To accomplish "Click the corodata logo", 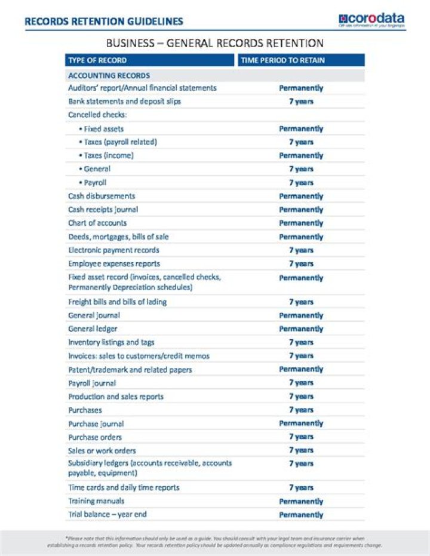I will coord(371,20).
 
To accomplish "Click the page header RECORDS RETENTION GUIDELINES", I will coord(104,21).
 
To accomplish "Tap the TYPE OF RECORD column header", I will coord(97,60).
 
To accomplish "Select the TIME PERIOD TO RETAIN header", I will coord(282,60).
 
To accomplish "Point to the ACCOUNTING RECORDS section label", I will coord(109,76).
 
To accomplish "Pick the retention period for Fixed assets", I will coord(301,128).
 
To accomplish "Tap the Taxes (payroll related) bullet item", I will coord(118,142).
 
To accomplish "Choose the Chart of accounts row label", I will coord(97,223).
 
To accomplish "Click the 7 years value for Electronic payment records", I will coord(301,250).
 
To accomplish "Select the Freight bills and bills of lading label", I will coord(117,302).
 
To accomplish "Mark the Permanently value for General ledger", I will coord(301,329).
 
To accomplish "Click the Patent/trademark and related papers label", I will coord(130,370).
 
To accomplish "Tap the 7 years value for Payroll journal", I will coord(301,383).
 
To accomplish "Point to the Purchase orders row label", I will coord(94,437).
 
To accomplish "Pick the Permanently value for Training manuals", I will coord(301,502).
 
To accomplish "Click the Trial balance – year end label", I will coord(107,514).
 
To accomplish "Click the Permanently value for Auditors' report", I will coord(301,88).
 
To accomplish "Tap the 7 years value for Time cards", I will coord(301,488).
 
